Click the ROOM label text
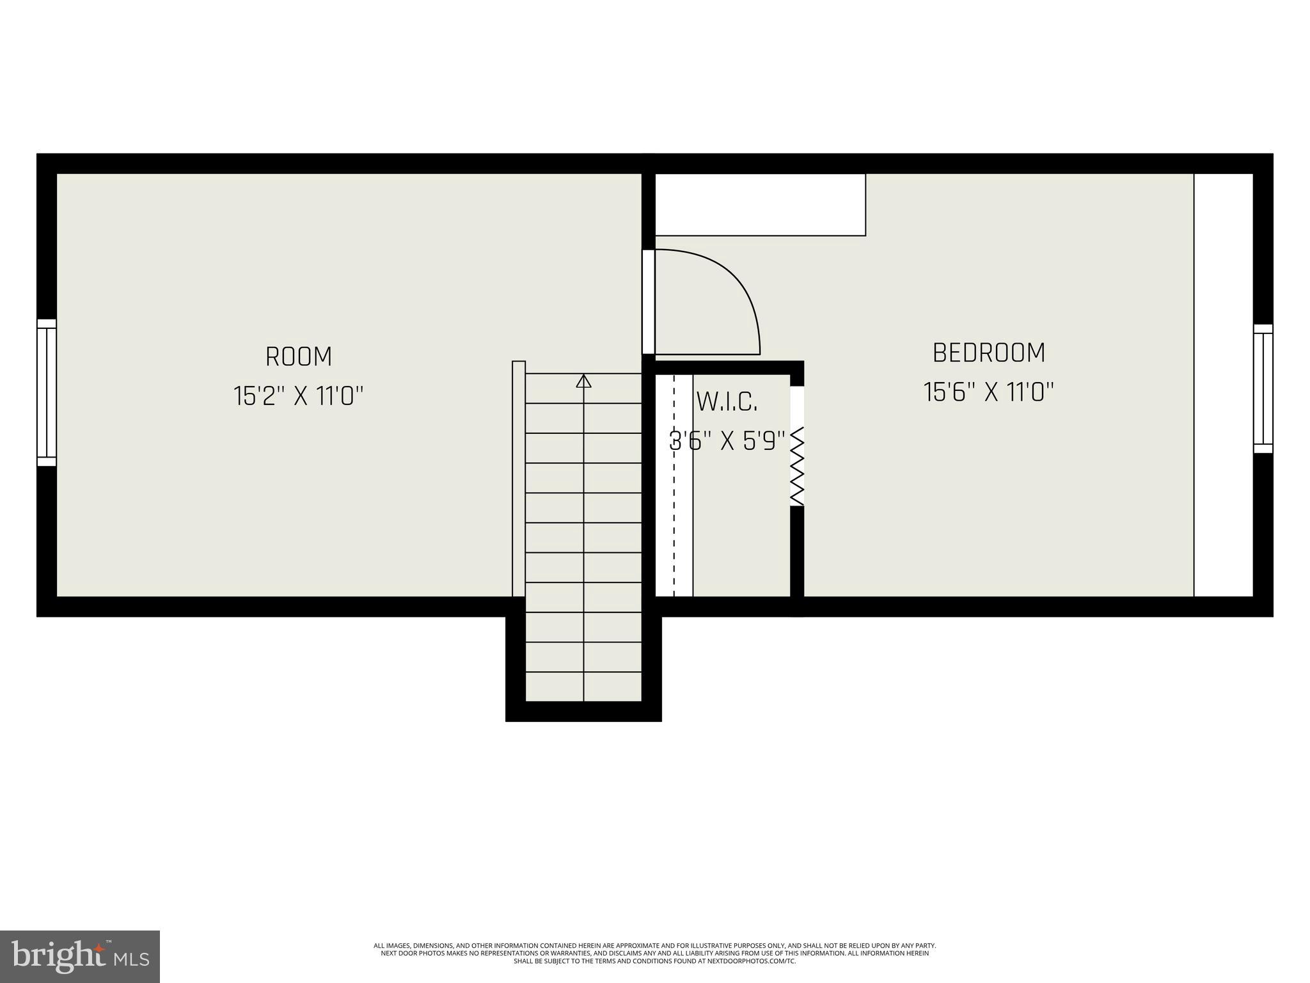[x=299, y=356]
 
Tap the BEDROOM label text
[x=989, y=353]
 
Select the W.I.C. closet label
[x=727, y=402]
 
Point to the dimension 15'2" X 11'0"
[x=299, y=396]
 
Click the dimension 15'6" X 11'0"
[x=989, y=392]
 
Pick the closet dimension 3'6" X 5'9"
[x=727, y=441]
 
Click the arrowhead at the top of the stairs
[x=583, y=381]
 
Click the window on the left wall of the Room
[x=47, y=392]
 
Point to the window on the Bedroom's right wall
[x=1263, y=388]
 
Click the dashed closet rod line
[x=674, y=486]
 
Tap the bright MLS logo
[x=79, y=956]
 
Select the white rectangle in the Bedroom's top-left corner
[x=760, y=204]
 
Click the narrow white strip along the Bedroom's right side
[x=1223, y=385]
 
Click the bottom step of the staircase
[x=583, y=687]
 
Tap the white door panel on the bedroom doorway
[x=648, y=301]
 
